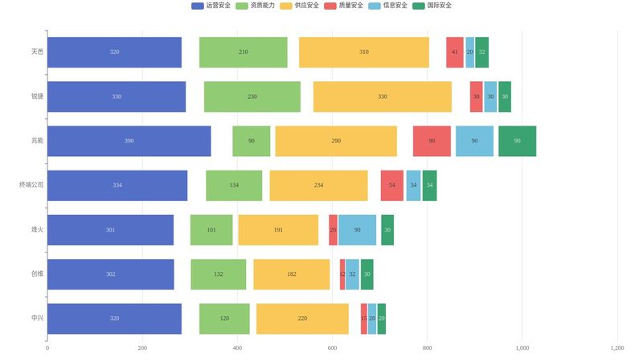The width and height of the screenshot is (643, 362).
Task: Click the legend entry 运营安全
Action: tap(211, 6)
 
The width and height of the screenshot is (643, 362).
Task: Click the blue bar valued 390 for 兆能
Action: tap(129, 141)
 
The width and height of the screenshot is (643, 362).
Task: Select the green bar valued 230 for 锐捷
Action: tap(252, 97)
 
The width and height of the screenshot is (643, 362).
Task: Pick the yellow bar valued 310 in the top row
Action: tap(363, 52)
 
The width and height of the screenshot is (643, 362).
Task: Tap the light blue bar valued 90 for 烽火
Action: tap(357, 230)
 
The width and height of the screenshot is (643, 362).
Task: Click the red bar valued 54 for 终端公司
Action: tap(391, 185)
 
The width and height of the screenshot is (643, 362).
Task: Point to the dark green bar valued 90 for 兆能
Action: tap(517, 141)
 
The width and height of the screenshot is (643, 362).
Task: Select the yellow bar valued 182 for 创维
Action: tap(291, 274)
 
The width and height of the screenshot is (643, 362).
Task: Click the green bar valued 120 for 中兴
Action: tap(224, 319)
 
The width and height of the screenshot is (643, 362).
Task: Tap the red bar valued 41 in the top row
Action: tap(454, 52)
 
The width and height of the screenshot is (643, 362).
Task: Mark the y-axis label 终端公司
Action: tap(31, 185)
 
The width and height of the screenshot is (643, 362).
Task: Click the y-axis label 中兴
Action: tap(37, 319)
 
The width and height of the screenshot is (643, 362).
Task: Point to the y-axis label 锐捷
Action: tap(37, 97)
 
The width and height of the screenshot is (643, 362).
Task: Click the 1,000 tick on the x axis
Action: tap(522, 348)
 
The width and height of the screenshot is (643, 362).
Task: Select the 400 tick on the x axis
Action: tap(237, 348)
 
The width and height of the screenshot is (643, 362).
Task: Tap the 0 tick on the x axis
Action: tap(47, 348)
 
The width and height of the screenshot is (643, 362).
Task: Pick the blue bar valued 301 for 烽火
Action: tap(110, 230)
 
